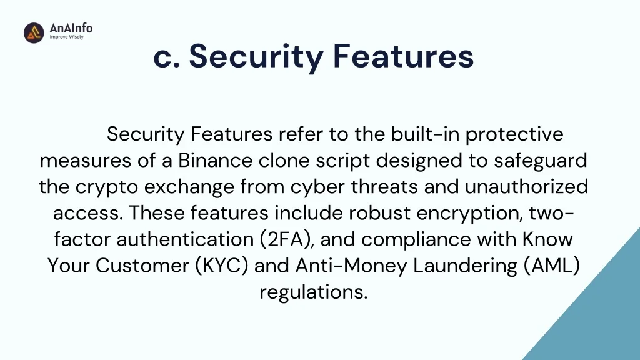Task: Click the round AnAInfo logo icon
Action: click(34, 32)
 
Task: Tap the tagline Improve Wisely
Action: click(66, 37)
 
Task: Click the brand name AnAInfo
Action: click(71, 28)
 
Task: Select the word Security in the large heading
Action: click(256, 57)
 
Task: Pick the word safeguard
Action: click(541, 161)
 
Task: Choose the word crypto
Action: click(106, 187)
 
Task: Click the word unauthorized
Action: click(526, 186)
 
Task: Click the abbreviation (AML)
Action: click(552, 266)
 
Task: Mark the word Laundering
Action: click(465, 266)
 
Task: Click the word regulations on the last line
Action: click(314, 292)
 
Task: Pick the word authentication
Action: click(185, 239)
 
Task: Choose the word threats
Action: click(384, 186)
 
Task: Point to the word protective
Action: click(515, 135)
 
